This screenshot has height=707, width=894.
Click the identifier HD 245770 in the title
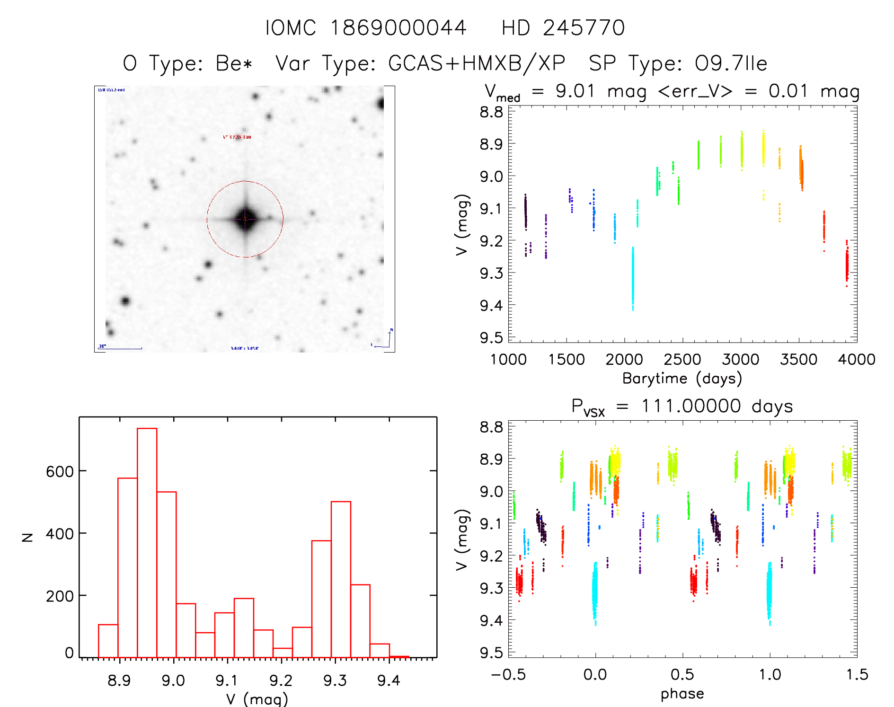tap(563, 28)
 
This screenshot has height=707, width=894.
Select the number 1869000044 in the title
tap(398, 28)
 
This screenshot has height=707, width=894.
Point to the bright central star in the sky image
tap(245, 219)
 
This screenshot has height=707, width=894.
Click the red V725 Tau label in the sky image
tap(237, 137)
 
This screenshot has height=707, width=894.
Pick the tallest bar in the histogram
tap(147, 542)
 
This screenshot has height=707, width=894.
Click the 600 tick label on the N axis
tap(60, 471)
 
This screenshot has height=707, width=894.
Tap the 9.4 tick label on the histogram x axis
tap(389, 680)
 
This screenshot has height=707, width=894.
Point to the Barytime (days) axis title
tap(682, 379)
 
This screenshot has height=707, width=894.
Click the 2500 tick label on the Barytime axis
tap(682, 360)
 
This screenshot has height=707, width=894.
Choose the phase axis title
tap(682, 694)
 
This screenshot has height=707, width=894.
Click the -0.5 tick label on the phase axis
tap(508, 675)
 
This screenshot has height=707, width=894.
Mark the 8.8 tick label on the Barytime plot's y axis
tap(491, 112)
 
